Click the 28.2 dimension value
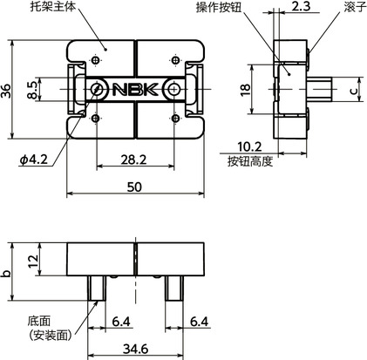tap(135, 160)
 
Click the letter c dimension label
tap(352, 90)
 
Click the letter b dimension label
tap(8, 273)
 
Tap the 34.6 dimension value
tap(135, 349)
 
